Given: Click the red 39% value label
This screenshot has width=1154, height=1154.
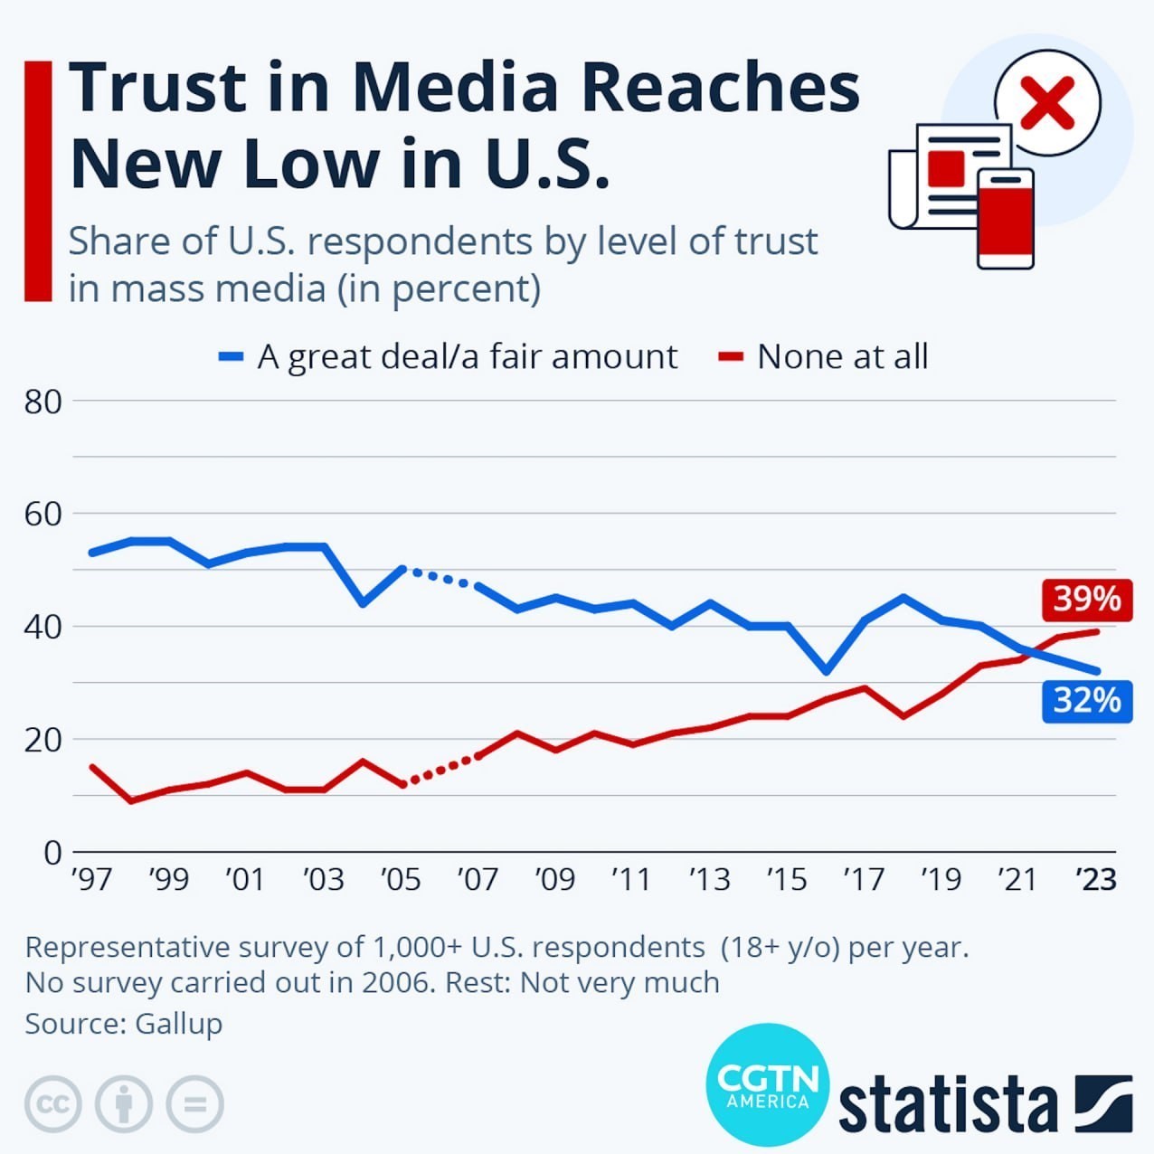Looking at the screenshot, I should pos(1086,599).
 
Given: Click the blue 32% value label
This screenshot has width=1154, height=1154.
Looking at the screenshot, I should pos(1086,700).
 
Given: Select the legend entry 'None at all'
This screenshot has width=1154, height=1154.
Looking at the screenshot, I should pos(841,356).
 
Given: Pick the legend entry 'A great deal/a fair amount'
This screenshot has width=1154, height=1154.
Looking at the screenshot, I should pos(467,356).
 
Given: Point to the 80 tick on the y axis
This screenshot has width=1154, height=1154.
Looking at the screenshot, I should pos(43,401).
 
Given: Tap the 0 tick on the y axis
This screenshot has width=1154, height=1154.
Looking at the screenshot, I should pos(52,852).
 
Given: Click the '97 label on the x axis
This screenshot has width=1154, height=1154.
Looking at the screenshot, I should pos(91,878).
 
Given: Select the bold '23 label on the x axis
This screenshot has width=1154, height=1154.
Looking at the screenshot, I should pos(1096,878).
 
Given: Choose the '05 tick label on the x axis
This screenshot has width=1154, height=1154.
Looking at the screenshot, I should pos(401,878).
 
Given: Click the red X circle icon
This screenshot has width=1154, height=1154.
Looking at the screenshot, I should pos(1047,103).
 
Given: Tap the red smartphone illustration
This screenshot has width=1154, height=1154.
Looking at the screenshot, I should pos(1005,219).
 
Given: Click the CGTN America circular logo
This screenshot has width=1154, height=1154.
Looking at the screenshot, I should pos(767,1085).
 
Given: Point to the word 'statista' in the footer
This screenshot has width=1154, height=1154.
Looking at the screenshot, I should pos(947,1102).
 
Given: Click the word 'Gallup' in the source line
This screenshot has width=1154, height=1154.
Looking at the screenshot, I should pos(178,1024).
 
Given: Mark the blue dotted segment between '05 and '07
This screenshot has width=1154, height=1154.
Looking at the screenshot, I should pos(440,577).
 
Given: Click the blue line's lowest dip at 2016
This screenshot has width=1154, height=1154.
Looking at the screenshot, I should pos(825,671).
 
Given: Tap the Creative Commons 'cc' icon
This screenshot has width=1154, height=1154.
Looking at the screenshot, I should pos(53,1103).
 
